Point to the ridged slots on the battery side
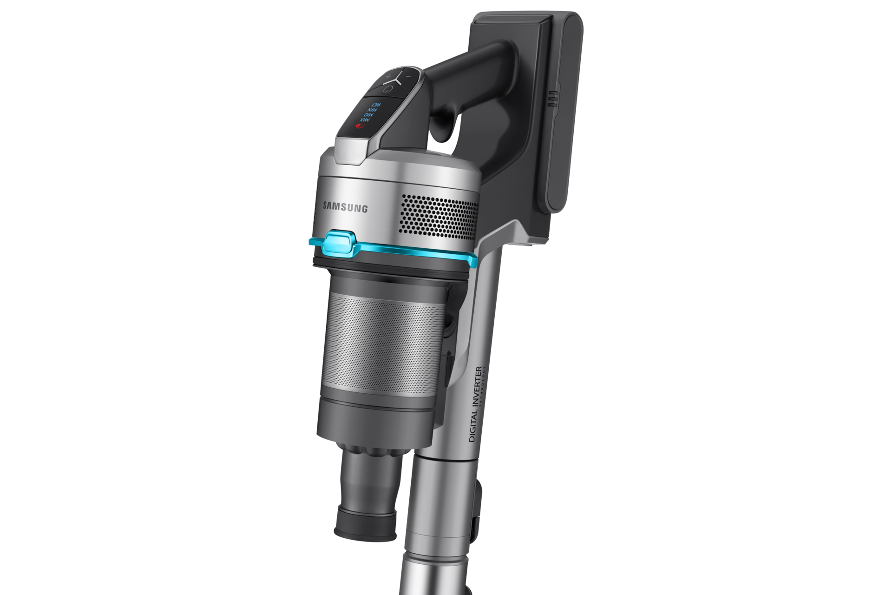(551, 99)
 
